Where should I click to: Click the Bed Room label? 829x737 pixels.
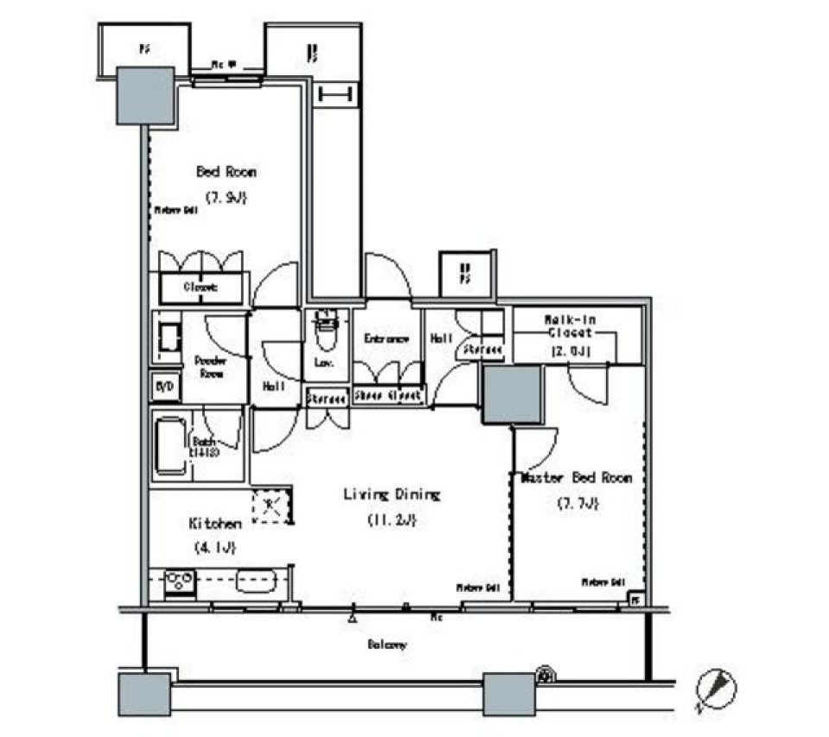tap(226, 172)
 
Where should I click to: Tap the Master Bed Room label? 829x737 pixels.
tap(577, 477)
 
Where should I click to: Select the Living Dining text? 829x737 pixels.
tap(392, 494)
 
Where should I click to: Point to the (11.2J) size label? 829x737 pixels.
tap(392, 520)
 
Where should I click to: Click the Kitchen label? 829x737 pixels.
tap(214, 523)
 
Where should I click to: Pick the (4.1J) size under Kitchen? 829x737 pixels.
tap(214, 547)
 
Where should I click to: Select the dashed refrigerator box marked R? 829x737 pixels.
tap(271, 505)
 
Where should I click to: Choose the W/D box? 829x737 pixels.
tap(165, 387)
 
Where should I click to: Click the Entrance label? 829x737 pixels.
tap(386, 339)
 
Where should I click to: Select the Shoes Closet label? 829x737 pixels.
tap(389, 396)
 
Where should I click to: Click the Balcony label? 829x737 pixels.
tap(388, 644)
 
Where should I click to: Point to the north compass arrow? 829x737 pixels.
tap(717, 688)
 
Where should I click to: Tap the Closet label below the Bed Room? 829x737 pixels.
tap(199, 287)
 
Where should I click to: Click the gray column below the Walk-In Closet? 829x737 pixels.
tap(512, 394)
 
